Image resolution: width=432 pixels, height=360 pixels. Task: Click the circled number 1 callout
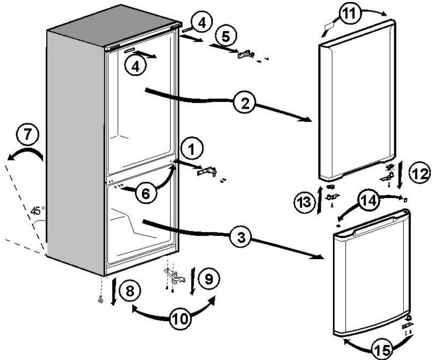192,149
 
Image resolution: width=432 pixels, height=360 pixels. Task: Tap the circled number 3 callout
241,237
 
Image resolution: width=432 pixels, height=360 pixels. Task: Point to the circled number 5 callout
226,36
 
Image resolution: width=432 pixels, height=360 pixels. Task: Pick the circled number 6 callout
146,194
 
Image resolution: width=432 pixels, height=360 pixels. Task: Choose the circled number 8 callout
130,291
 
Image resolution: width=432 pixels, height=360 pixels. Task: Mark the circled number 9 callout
209,279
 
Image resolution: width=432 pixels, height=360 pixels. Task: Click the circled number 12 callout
420,174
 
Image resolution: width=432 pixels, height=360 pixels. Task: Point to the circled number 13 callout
304,202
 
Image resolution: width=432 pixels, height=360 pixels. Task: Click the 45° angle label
37,211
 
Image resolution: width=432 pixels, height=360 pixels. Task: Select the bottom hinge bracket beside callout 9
174,276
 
